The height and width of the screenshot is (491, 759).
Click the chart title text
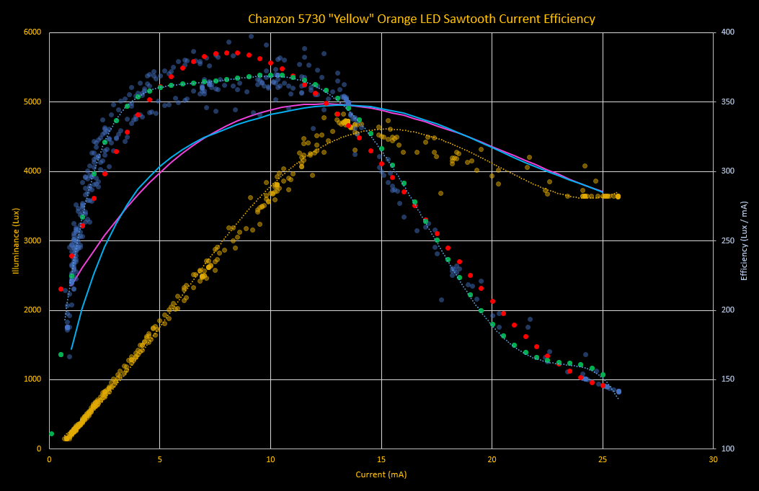point(422,19)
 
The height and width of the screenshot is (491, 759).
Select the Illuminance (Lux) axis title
point(16,240)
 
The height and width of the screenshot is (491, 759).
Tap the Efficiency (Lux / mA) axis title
point(743,240)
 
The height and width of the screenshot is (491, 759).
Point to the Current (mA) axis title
point(381,474)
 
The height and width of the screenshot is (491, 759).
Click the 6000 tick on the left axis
point(31,32)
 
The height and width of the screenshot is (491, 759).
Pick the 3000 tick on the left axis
point(31,240)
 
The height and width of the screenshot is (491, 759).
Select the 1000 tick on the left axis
point(31,379)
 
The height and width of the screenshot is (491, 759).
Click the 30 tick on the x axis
point(713,459)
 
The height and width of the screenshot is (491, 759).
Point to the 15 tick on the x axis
point(381,459)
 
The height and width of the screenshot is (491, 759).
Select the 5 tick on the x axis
point(160,459)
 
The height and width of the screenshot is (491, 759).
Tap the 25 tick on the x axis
point(603,459)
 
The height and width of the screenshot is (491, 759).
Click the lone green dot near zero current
point(51,433)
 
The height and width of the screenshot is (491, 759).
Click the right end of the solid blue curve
point(603,192)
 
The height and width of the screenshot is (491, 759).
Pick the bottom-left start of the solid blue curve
point(71,349)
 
